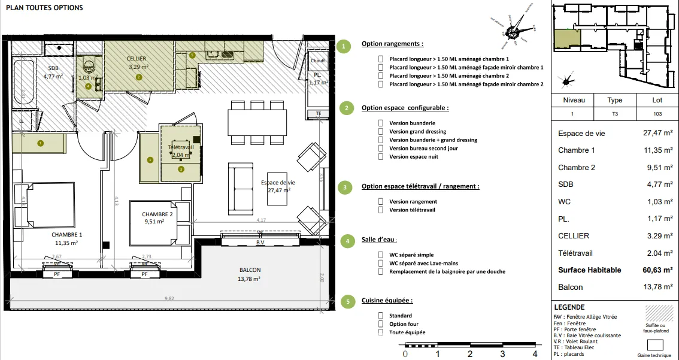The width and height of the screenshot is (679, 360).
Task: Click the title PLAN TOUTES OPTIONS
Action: [44, 8]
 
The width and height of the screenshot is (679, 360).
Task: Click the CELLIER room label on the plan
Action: [137, 59]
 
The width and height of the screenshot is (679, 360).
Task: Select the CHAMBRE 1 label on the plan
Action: [66, 234]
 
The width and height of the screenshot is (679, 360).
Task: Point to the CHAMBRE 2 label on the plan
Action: [157, 214]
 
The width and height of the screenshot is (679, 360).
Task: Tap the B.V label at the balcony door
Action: [260, 243]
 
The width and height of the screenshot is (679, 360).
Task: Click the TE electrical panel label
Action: [318, 113]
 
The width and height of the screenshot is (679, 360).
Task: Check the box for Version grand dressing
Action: [381, 131]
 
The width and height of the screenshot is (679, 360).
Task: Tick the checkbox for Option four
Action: [381, 324]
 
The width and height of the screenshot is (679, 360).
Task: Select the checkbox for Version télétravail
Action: [381, 210]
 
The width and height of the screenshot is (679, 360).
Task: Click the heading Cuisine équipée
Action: [387, 300]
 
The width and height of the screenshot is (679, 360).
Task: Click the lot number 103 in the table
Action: [657, 113]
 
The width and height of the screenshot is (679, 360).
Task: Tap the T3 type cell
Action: [614, 113]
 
